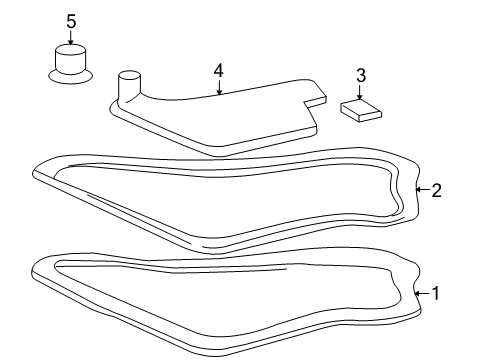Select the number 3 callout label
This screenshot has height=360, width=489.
[361, 76]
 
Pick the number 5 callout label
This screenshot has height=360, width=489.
[70, 20]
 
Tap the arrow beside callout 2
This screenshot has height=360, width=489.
[422, 189]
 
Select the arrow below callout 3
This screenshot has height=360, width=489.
[361, 91]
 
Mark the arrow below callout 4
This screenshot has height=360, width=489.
[218, 86]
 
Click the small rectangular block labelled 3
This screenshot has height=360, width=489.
[361, 109]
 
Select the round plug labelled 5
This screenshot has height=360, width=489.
[70, 62]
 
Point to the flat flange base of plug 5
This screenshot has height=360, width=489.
[70, 76]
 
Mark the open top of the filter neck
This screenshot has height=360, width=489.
[129, 74]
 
